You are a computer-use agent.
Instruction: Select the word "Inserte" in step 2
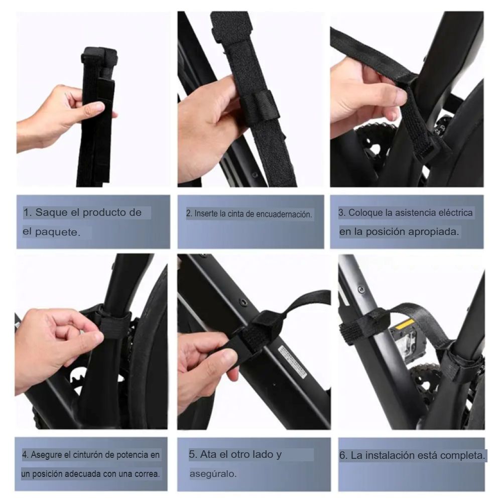tap(206, 213)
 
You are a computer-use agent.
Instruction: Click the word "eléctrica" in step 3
tap(455, 212)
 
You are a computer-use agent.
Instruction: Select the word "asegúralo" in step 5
tap(212, 474)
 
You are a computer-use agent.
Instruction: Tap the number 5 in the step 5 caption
tap(192, 454)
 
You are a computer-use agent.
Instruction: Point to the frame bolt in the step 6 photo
tap(361, 289)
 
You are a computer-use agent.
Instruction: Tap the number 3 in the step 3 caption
tap(341, 212)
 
